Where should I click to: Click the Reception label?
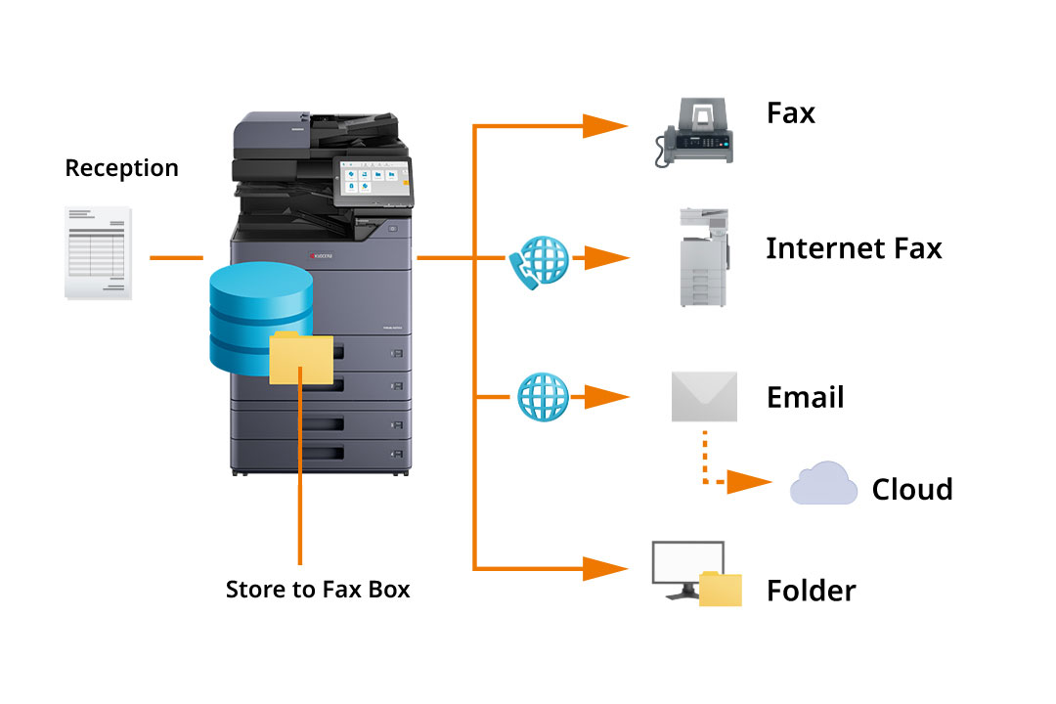(x=121, y=168)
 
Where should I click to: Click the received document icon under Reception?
(x=98, y=252)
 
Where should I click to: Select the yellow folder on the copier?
(x=300, y=357)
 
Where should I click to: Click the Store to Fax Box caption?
(x=318, y=590)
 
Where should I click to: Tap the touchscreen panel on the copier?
(x=370, y=180)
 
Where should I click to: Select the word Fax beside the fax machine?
(x=790, y=113)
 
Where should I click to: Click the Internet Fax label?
(x=853, y=248)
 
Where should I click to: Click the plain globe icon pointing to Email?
(x=542, y=396)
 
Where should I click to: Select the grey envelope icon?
(x=704, y=396)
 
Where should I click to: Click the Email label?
(x=805, y=398)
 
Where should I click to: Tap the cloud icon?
(x=823, y=484)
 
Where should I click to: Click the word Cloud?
(x=911, y=489)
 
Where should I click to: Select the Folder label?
(x=811, y=591)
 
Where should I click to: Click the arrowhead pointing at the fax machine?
(x=605, y=125)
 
